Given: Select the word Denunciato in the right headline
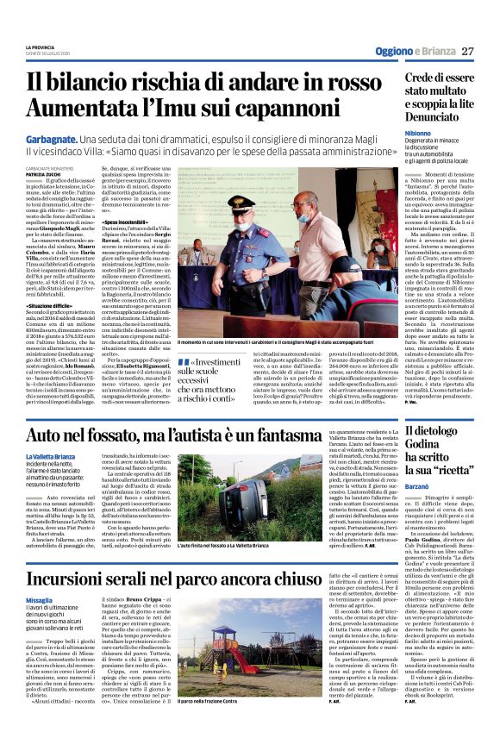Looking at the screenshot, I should [x=423, y=114].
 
